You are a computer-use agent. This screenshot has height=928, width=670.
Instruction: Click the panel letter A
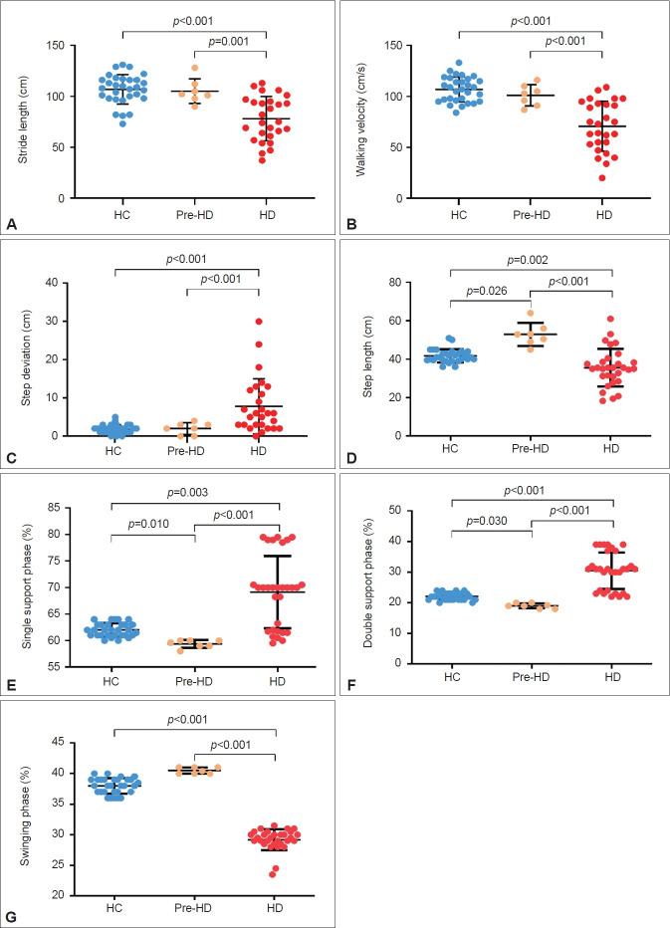point(11,224)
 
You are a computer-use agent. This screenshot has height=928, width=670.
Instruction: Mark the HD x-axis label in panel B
point(603,216)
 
